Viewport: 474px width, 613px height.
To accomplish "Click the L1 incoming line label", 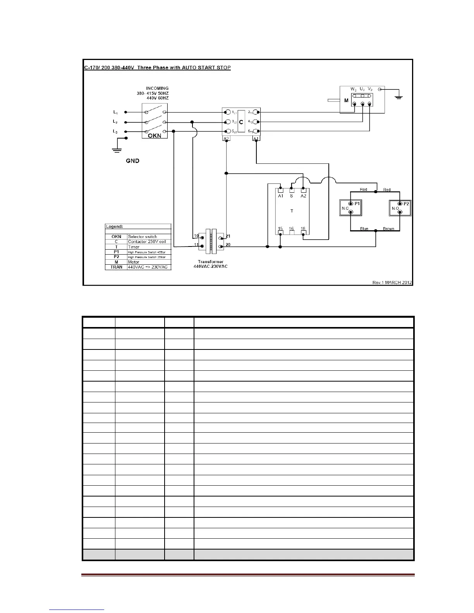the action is click(115, 112).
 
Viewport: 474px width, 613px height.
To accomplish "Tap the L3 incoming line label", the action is click(115, 132).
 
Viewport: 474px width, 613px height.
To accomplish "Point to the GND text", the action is click(132, 161).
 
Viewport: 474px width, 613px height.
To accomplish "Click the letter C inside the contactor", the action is click(241, 122).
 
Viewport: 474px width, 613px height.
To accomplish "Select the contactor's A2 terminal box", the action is click(227, 139).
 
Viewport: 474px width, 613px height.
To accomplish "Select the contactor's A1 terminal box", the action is click(256, 139).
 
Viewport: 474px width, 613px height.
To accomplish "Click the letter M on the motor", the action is click(346, 101).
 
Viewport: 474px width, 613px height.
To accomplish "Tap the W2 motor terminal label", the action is click(354, 89).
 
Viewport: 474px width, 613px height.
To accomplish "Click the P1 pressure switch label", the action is click(357, 204).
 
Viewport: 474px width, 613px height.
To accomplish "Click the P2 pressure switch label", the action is click(406, 204).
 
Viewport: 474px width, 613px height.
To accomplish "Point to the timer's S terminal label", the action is click(292, 196).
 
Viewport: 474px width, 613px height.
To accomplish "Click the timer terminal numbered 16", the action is click(292, 229).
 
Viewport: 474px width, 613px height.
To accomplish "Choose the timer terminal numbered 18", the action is click(303, 229).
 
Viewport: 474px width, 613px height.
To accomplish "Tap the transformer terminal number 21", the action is click(228, 236).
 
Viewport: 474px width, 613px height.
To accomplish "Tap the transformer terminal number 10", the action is click(196, 236).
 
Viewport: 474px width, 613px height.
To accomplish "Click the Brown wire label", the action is click(388, 229).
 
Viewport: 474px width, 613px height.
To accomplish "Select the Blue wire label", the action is click(364, 229).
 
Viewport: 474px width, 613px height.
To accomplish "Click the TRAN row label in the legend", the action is click(116, 267).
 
